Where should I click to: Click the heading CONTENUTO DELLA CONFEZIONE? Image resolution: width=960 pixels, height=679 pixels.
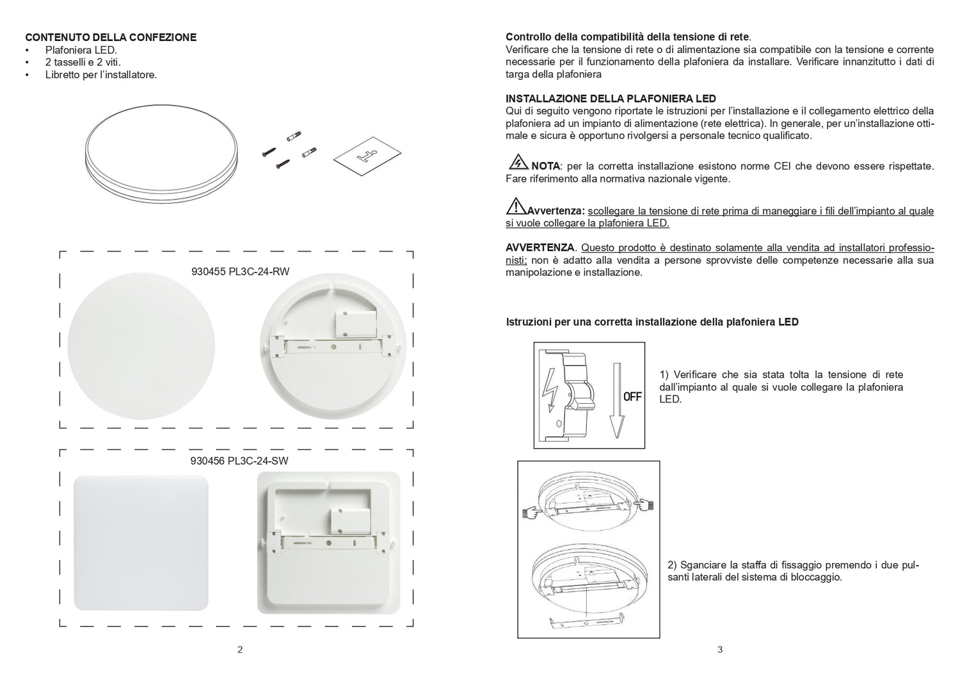[x=111, y=37]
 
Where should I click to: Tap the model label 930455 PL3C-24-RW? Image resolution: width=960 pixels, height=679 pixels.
[x=240, y=271]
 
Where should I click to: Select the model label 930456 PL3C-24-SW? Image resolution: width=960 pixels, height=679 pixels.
[x=240, y=460]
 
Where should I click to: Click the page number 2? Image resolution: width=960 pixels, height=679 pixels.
[x=240, y=650]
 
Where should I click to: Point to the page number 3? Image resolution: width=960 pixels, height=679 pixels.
[x=720, y=650]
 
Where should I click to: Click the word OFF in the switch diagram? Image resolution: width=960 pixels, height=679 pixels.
[x=632, y=397]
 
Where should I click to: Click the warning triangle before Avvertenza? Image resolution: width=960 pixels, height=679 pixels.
[x=516, y=206]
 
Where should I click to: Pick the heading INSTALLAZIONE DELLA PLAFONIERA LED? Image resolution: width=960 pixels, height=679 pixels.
[x=611, y=99]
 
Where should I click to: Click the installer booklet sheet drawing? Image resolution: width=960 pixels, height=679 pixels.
[x=366, y=157]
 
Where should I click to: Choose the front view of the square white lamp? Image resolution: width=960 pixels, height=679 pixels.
[x=141, y=543]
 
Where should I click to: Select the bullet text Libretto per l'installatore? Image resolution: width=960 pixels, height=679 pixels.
[x=101, y=75]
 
